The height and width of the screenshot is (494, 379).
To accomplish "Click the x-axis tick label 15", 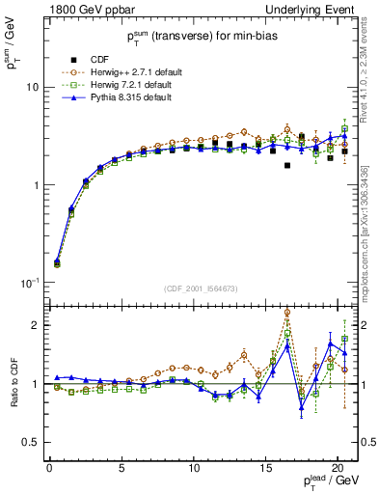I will pos(266,470).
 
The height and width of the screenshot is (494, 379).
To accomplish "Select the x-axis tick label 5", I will pos(122,470).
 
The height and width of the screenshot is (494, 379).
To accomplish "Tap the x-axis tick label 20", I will pos(338,470).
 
